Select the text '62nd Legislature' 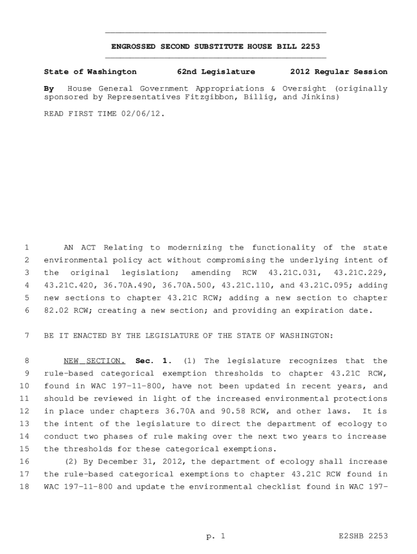click(216, 71)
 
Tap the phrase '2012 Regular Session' click(338, 71)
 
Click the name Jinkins click(321, 97)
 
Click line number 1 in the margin click(26, 248)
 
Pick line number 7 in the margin click(26, 335)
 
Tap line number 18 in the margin click(24, 486)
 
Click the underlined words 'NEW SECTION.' click(94, 361)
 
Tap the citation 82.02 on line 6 click(55, 311)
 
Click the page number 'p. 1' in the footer click(215, 536)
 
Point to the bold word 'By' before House click(49, 88)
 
